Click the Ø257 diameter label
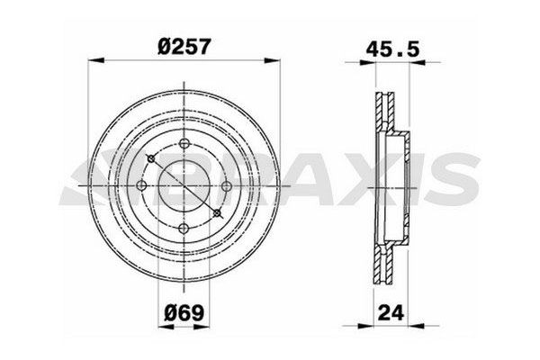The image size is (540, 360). (x=183, y=45)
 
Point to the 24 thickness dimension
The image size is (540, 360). (x=390, y=317)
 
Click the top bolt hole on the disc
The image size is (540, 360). (x=183, y=147)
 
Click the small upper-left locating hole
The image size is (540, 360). (x=152, y=161)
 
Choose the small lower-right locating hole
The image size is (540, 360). (x=216, y=212)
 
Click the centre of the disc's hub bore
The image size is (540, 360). (x=183, y=187)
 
